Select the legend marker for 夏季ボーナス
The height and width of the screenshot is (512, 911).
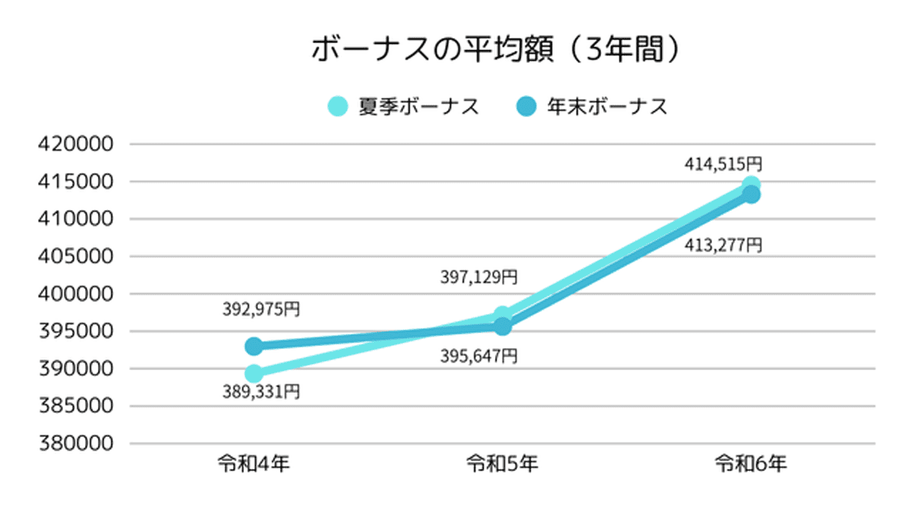338,107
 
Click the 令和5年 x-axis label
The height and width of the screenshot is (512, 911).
502,463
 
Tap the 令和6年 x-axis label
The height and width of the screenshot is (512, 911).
751,463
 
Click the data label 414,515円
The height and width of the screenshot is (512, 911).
723,163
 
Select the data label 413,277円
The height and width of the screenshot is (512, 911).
723,245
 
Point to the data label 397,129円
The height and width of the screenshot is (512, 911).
479,278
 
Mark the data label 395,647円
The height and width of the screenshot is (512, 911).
479,355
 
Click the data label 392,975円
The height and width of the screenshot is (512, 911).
261,309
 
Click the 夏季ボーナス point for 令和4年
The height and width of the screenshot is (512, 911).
254,373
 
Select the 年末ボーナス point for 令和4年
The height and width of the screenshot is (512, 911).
254,347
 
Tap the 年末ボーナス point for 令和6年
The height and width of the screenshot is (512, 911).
751,195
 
